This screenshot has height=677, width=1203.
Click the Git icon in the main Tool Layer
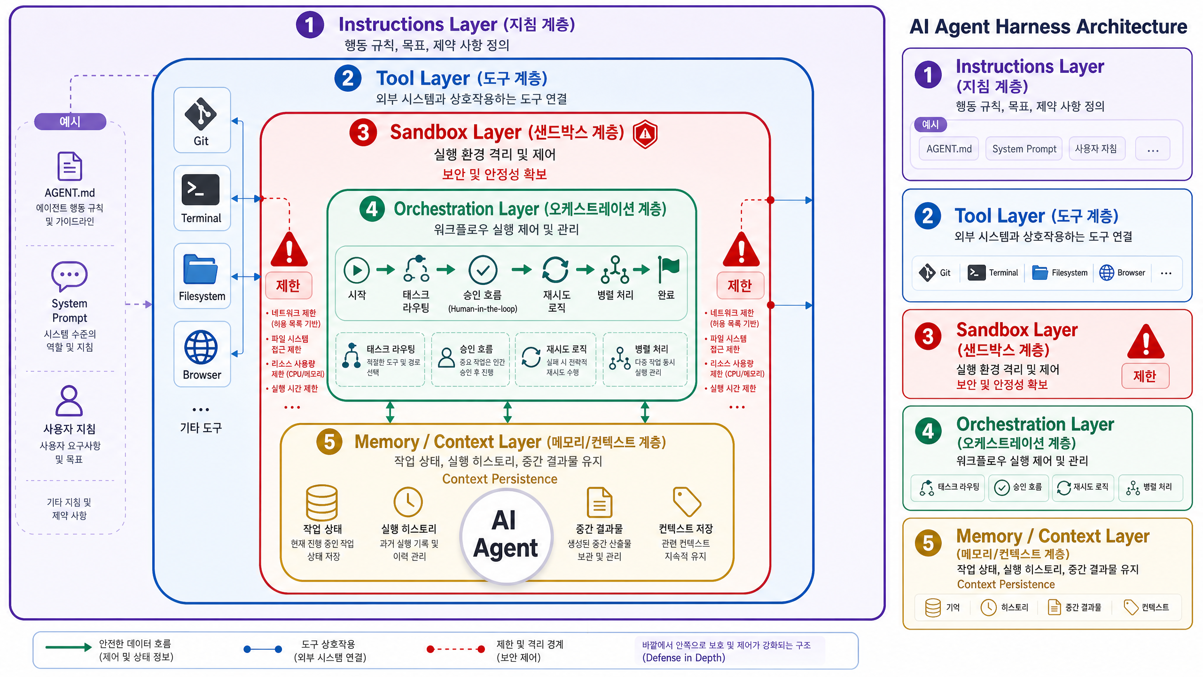pos(201,114)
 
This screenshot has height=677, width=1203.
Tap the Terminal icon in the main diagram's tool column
pos(201,189)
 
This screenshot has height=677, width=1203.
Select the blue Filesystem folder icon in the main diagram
pos(201,269)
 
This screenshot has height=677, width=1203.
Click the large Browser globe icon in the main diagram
pos(201,347)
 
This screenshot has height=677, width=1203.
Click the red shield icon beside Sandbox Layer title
pos(645,134)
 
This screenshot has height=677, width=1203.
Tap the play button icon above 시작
pos(357,270)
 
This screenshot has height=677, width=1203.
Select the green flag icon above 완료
pos(668,269)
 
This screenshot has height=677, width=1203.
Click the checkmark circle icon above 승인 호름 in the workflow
pos(483,270)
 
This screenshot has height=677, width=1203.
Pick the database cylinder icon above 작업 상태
pos(322,502)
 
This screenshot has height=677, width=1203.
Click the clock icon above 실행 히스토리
pos(408,502)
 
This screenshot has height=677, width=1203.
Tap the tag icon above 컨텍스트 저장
pos(687,501)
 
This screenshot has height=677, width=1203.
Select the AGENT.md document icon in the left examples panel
pos(70,166)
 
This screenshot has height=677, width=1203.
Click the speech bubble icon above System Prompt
pos(70,276)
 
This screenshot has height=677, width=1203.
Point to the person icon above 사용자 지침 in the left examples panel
pos(70,401)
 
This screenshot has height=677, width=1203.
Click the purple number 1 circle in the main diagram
pos(310,25)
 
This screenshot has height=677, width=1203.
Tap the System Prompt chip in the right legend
pos(1024,149)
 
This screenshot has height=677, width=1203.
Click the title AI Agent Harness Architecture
pos(1048,26)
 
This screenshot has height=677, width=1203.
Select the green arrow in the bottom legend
pos(69,647)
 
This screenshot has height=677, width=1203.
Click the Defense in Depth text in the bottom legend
pos(684,658)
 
